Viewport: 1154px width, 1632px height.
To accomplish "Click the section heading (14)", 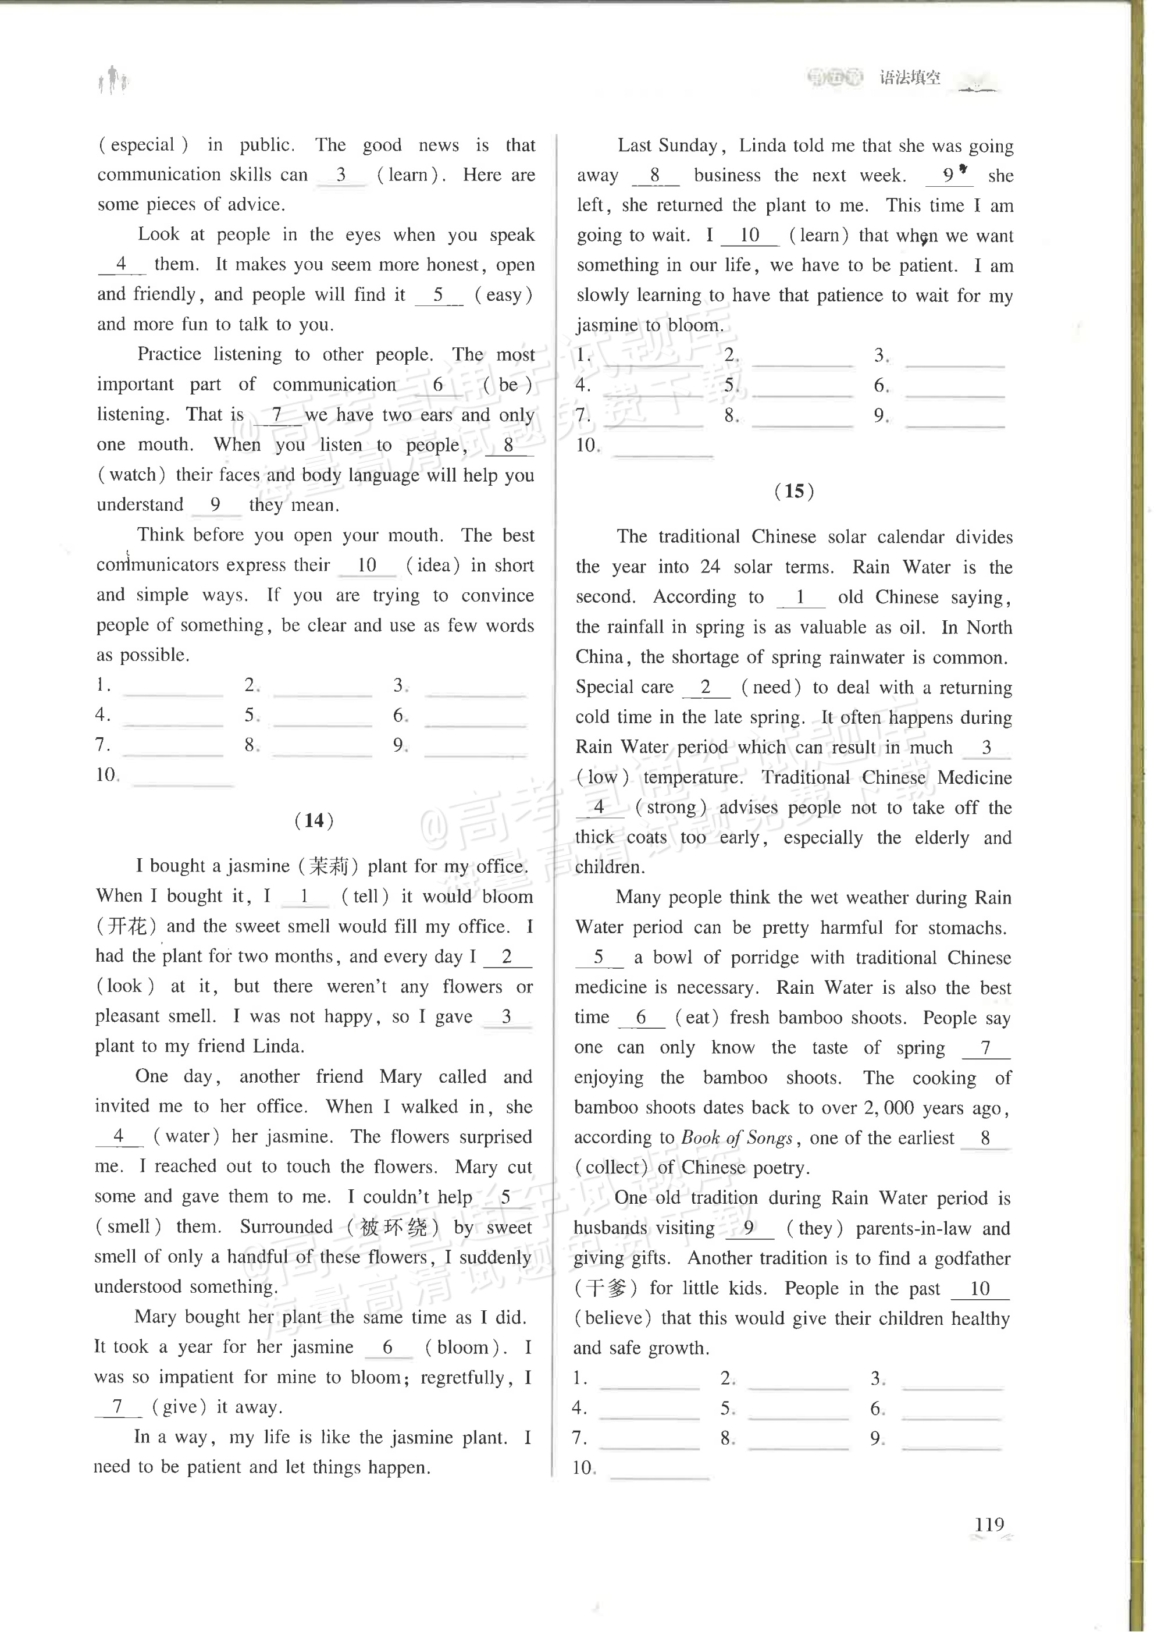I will [x=314, y=820].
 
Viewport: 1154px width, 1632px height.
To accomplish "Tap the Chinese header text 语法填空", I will [x=910, y=77].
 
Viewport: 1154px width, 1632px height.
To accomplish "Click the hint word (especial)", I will [x=144, y=145].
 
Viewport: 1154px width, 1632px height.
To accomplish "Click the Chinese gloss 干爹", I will [x=606, y=1288].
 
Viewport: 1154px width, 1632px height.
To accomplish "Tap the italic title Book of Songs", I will [x=736, y=1138].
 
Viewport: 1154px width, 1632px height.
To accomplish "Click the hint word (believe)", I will [x=612, y=1318].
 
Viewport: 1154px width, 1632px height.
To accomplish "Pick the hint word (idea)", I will [x=433, y=565].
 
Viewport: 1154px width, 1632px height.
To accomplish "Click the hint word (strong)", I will [x=671, y=808].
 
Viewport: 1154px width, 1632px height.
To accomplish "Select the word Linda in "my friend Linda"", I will [x=279, y=1046].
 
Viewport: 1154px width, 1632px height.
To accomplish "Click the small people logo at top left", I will [x=113, y=80].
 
